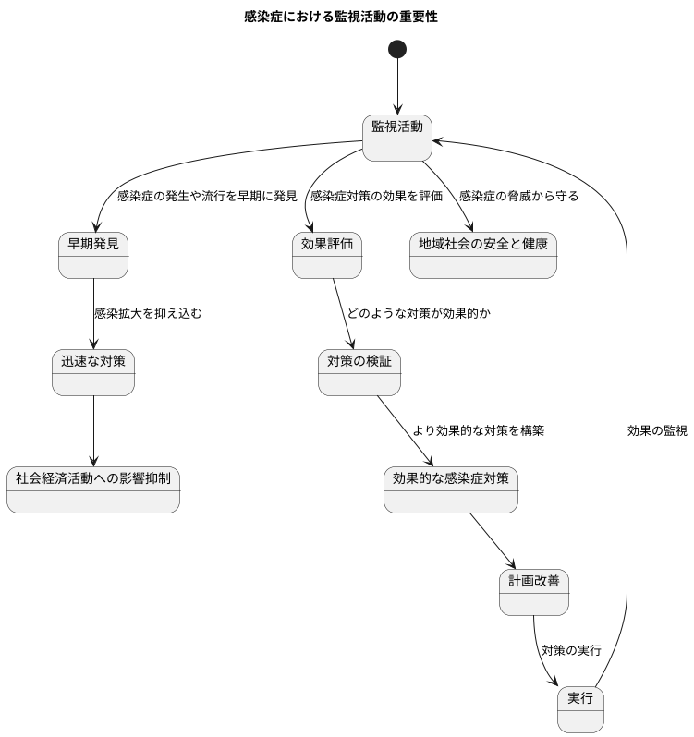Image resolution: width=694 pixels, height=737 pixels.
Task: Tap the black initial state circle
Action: pos(397,49)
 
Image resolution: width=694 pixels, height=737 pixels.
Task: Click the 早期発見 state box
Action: pos(93,255)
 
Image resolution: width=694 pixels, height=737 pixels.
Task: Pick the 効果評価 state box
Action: pos(327,255)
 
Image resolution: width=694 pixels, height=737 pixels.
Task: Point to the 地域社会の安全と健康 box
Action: pos(482,255)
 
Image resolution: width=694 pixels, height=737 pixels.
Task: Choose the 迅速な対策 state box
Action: pos(93,372)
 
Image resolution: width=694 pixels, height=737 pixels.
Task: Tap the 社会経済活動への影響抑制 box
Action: pos(93,489)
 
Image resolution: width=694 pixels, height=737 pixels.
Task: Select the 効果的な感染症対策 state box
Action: pos(450,489)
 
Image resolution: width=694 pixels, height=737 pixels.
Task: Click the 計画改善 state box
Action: pos(534,592)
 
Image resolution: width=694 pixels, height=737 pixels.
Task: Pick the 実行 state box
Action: pos(580,708)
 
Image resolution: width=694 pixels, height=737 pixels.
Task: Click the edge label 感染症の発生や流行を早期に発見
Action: pos(207,197)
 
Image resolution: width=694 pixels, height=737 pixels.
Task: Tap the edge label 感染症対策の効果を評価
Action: pos(376,197)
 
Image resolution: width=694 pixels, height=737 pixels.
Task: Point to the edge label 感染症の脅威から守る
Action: pos(518,197)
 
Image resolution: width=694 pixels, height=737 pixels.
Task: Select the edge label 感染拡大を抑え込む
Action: pos(148,314)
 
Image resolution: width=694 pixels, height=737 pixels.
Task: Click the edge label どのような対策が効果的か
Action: pos(419,314)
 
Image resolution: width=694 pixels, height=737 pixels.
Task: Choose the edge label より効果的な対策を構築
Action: pos(478,431)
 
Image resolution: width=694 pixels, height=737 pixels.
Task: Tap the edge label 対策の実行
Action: pos(571,651)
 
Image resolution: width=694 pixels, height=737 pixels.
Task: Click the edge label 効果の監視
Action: pos(657,431)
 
